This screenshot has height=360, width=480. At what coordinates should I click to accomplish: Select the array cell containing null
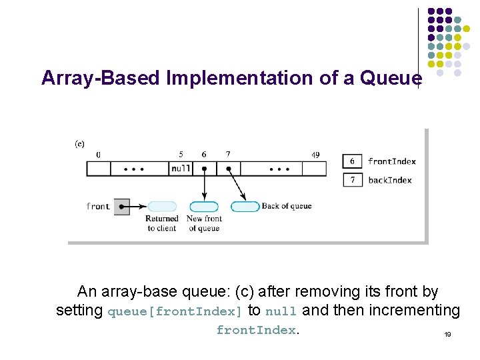pyautogui.click(x=181, y=169)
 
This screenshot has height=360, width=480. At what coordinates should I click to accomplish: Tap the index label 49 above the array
pyautogui.click(x=315, y=155)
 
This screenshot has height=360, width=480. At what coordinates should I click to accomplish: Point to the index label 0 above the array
pyautogui.click(x=99, y=155)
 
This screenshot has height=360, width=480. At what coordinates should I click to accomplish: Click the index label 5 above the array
pyautogui.click(x=181, y=155)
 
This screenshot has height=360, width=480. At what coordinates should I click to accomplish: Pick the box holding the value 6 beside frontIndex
pyautogui.click(x=353, y=161)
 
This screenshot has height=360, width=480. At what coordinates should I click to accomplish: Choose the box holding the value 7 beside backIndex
pyautogui.click(x=353, y=180)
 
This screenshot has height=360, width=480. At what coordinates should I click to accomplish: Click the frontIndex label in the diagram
pyautogui.click(x=391, y=161)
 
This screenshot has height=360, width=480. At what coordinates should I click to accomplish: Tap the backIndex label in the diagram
pyautogui.click(x=389, y=180)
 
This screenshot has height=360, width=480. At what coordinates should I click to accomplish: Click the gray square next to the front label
pyautogui.click(x=121, y=207)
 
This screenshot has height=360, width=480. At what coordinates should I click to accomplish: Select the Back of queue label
pyautogui.click(x=286, y=206)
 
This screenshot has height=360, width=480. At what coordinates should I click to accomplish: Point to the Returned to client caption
pyautogui.click(x=161, y=223)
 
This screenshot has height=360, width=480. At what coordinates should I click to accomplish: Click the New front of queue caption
pyautogui.click(x=204, y=223)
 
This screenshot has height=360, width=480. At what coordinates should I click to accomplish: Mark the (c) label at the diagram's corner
pyautogui.click(x=79, y=143)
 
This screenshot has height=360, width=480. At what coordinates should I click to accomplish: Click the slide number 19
pyautogui.click(x=447, y=335)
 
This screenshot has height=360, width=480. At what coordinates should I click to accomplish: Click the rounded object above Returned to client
pyautogui.click(x=162, y=207)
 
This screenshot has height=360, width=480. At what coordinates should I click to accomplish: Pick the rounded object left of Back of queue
pyautogui.click(x=245, y=207)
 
